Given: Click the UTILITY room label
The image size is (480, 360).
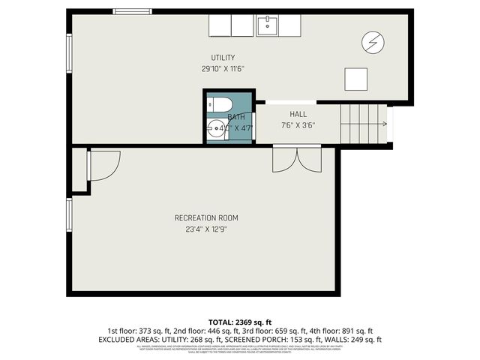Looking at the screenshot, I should point(223,58).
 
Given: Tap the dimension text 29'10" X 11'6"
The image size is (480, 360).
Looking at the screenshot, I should point(223,68).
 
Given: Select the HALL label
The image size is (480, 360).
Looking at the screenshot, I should point(298,114).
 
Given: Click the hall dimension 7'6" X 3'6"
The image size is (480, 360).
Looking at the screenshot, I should point(298,125).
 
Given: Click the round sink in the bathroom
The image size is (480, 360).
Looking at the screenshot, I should point(217,128).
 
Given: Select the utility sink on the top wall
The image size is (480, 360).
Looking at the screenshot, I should point(267,25).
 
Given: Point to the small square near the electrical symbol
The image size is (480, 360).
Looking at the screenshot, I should point(355,78).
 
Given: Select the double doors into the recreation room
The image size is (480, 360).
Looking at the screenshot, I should point(297,159).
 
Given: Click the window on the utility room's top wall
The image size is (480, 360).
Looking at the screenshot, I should point(132,11).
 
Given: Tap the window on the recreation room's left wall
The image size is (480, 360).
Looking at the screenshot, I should point(69,214).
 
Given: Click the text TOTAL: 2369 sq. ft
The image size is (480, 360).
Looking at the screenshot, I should point(239,320).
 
